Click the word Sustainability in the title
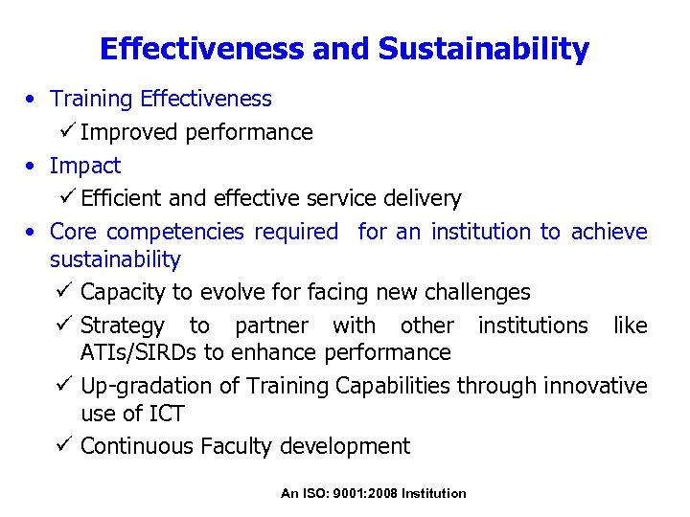(483, 49)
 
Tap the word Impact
(85, 166)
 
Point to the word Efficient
(122, 198)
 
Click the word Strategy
(123, 326)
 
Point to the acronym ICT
(166, 414)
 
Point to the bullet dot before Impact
(32, 167)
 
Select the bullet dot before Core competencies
(32, 233)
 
